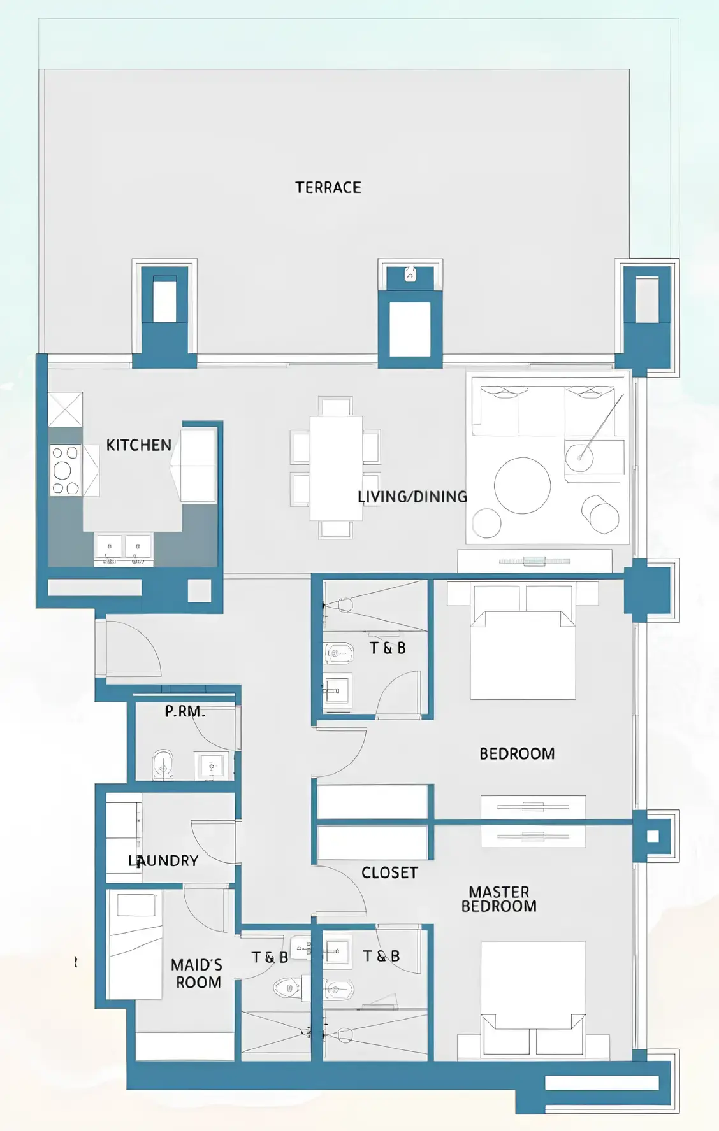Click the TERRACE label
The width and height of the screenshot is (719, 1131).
328,187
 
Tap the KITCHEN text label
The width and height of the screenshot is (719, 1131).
138,445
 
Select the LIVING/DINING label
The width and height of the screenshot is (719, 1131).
412,497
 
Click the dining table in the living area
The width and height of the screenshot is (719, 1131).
336,468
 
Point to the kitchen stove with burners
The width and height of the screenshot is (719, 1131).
65,471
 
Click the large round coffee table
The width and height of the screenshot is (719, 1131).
522,485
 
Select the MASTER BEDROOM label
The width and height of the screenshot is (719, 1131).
498,899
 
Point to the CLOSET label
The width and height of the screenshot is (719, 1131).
389,873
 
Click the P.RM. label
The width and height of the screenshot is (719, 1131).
185,711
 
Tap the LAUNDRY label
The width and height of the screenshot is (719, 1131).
163,861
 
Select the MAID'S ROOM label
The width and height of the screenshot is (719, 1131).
197,974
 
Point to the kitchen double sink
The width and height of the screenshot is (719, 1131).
124,547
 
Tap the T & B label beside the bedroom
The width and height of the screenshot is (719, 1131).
388,648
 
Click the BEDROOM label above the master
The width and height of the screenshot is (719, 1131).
516,754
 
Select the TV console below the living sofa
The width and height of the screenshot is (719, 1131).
534,560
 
